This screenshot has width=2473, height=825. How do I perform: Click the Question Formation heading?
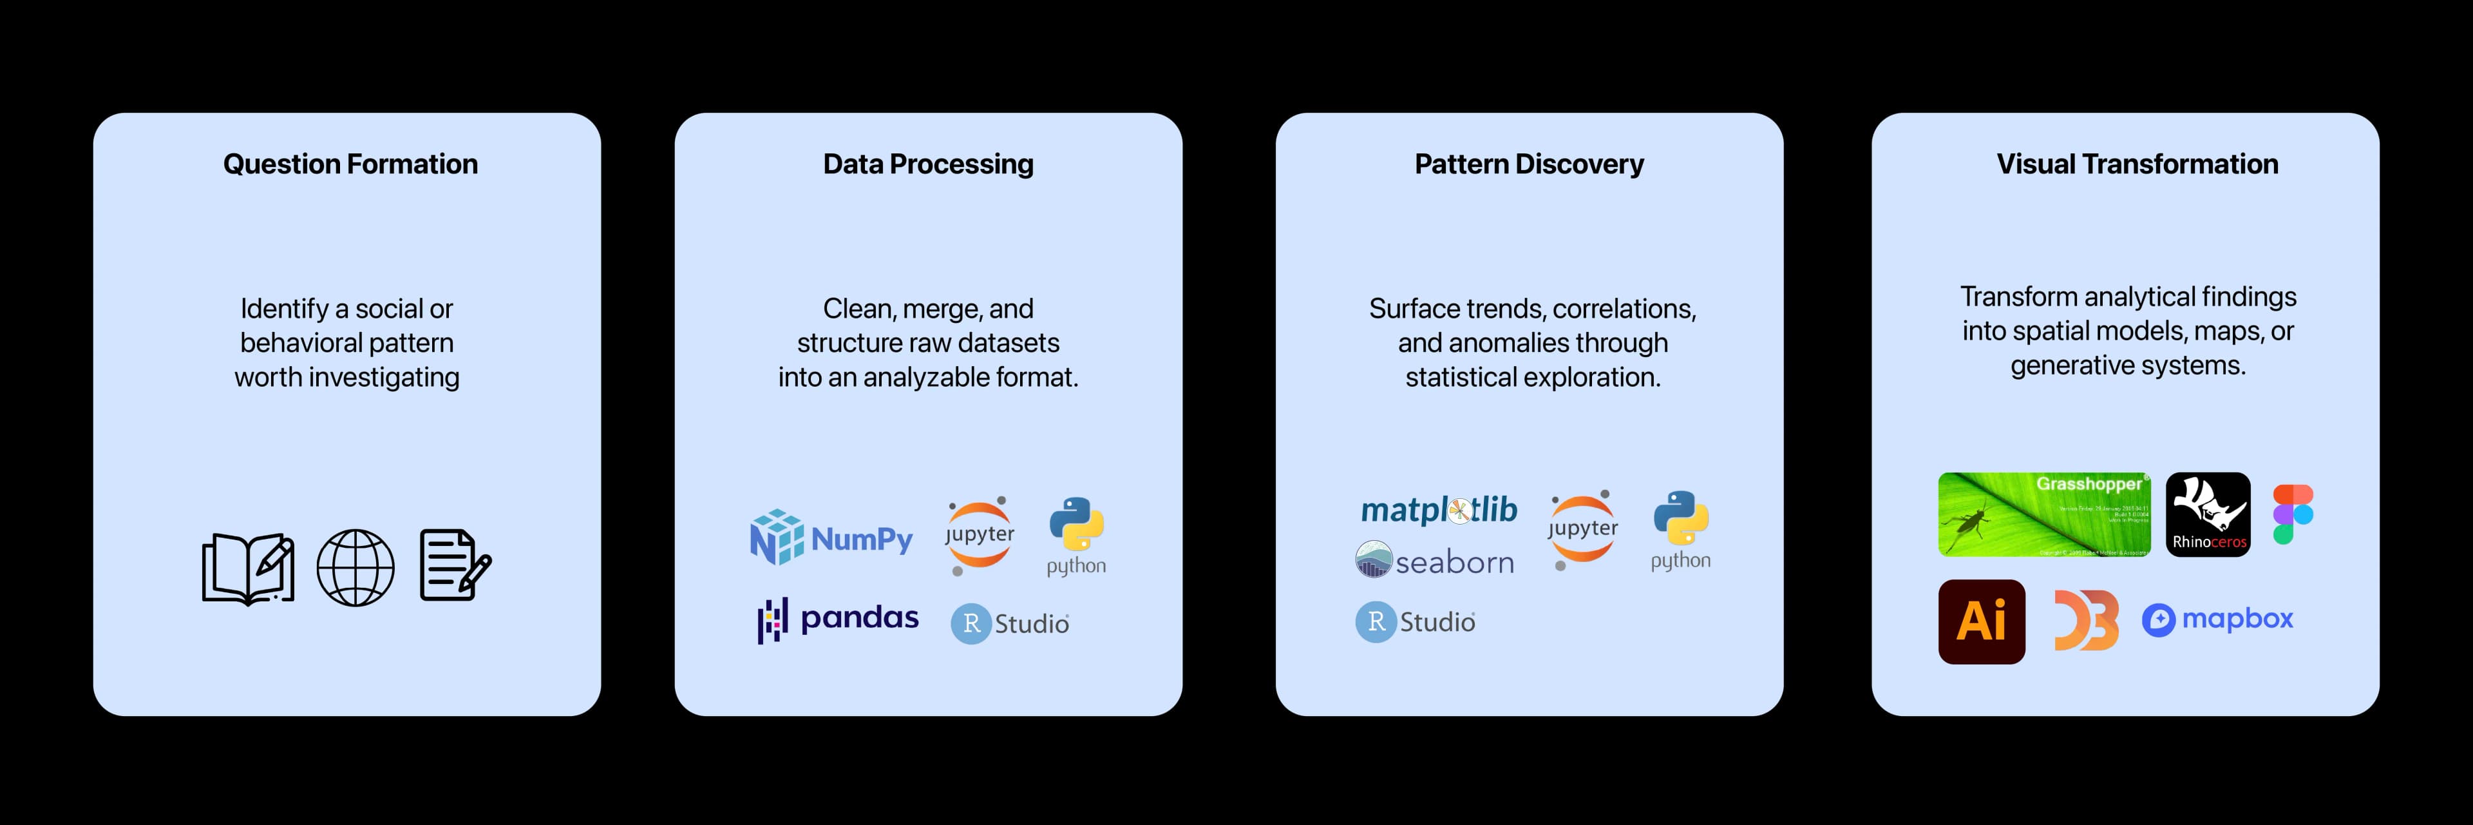(350, 164)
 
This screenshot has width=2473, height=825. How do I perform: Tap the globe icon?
(355, 568)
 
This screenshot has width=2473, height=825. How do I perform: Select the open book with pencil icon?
(248, 568)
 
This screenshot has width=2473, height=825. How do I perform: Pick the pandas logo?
(838, 619)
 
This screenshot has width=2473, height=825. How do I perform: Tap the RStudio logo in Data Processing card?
(1010, 623)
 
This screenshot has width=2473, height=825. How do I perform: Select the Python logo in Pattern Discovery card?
(1680, 530)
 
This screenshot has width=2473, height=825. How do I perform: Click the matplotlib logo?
(1438, 509)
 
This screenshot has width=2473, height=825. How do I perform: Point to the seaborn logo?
(1434, 561)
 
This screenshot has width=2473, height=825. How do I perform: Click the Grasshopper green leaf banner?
(2044, 515)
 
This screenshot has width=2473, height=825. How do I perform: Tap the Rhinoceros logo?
(2208, 515)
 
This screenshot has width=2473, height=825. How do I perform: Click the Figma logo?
(2293, 515)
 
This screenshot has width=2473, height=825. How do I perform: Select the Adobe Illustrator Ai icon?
(1982, 621)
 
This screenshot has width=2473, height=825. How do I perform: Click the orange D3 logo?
(2085, 621)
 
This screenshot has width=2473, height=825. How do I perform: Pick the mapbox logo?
(2217, 619)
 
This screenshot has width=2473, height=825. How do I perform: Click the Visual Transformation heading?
(2137, 164)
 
